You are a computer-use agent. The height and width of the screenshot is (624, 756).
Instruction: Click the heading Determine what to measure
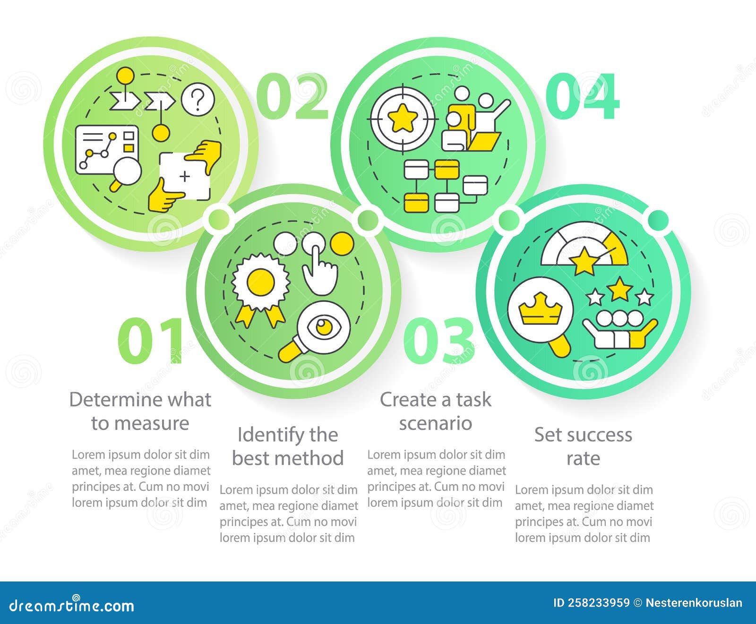point(140,411)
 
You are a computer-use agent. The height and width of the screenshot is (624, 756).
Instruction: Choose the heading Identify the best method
point(288,446)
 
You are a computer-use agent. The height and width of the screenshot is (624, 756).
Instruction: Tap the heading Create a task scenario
point(435,411)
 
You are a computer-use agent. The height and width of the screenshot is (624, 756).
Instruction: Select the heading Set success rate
point(583,446)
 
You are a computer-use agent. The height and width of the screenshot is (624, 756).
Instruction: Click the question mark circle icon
point(198,100)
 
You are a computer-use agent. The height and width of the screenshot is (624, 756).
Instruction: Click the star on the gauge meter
point(584,260)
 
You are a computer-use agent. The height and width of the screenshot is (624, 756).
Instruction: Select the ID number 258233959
point(591,603)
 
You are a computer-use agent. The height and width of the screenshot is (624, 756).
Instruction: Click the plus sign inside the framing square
point(185,177)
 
